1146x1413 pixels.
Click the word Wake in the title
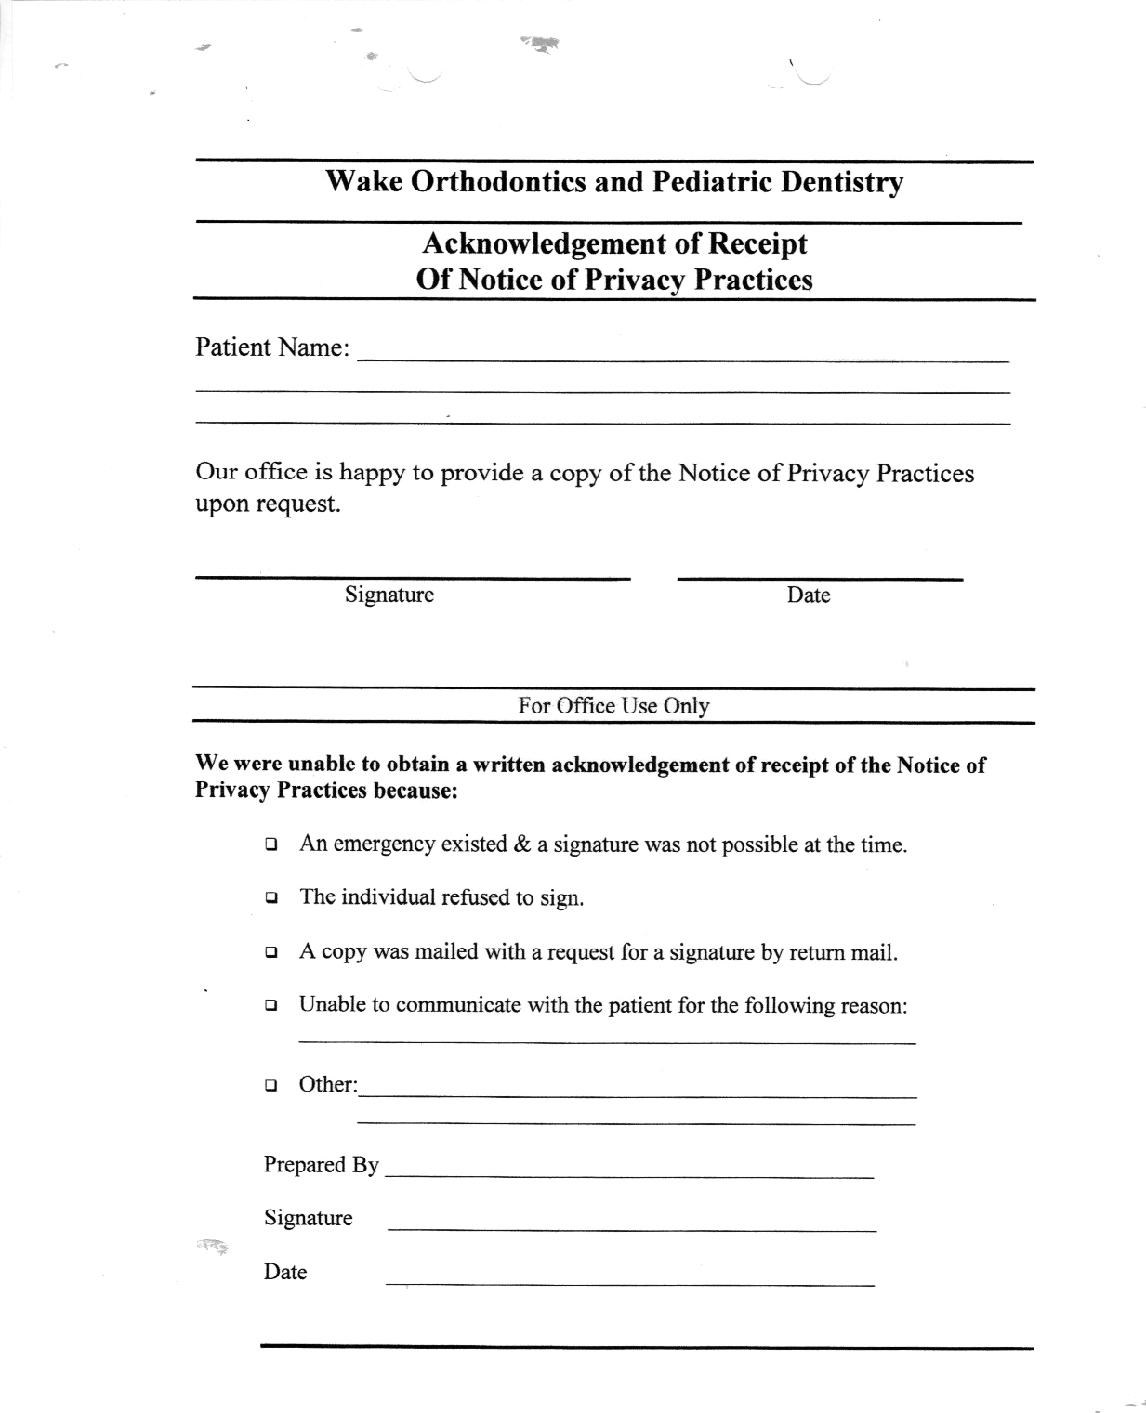tap(363, 181)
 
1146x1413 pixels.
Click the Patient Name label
tap(272, 347)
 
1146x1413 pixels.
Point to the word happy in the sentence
tap(372, 472)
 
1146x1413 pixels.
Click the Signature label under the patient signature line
tap(389, 595)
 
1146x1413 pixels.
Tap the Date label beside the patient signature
tap(808, 595)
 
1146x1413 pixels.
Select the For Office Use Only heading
tap(613, 705)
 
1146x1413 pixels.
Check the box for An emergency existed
tap(270, 845)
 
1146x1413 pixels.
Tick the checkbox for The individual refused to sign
tap(270, 898)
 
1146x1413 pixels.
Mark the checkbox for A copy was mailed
tap(270, 952)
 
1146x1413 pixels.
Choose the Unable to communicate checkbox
tap(270, 1005)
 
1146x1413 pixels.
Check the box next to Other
tap(270, 1084)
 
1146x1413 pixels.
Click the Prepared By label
tap(321, 1165)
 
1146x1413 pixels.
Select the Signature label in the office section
tap(308, 1218)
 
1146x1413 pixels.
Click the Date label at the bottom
tap(284, 1272)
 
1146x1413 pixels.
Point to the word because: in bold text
tap(415, 792)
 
